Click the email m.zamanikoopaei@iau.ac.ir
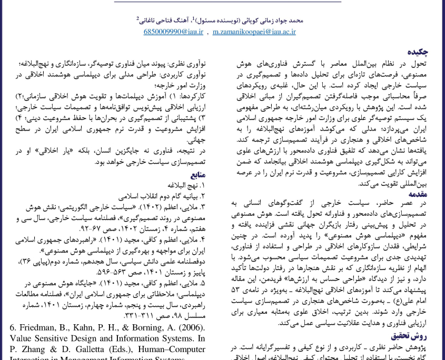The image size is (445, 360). pos(254,32)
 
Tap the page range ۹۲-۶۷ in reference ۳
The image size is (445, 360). pos(89,229)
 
